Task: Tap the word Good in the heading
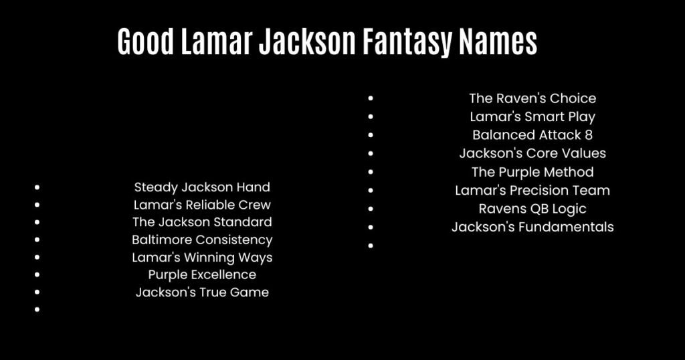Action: coord(142,42)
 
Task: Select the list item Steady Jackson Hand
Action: coord(202,187)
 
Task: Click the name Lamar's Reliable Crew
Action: coord(202,205)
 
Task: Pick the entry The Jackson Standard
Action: coord(202,222)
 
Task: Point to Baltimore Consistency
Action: coord(202,240)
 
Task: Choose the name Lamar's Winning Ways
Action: coord(202,257)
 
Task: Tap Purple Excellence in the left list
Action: coord(202,274)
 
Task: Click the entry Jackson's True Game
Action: coord(202,292)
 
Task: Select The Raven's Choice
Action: coord(532,98)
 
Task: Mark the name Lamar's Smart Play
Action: coord(532,116)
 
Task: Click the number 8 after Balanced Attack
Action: coord(588,135)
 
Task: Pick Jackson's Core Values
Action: coord(532,153)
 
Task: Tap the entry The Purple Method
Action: coord(532,172)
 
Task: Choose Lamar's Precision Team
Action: coord(532,190)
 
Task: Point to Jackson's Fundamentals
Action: coord(532,227)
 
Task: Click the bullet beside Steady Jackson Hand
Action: coord(37,188)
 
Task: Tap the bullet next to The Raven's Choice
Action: coord(371,98)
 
